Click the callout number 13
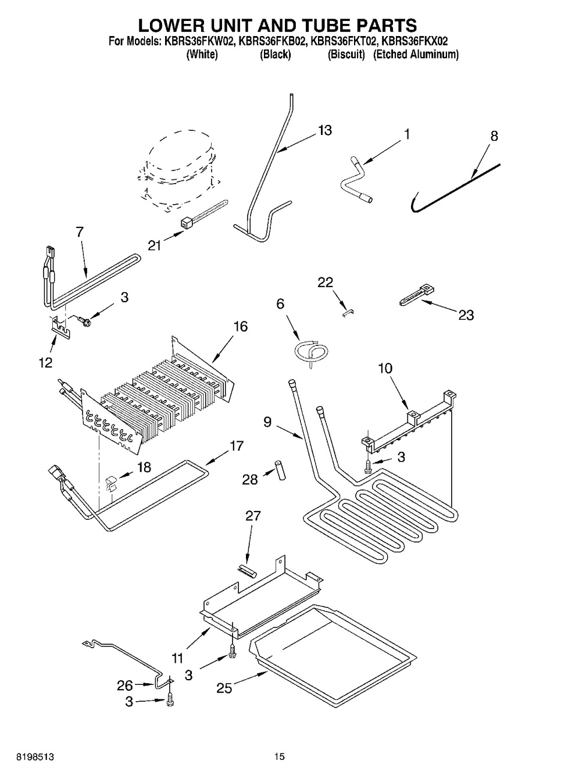pos(325,130)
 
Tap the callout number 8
pos(494,136)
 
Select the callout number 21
pos(154,246)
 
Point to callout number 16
pos(240,327)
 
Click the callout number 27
pos(253,516)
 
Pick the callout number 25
pos(224,688)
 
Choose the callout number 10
pos(385,368)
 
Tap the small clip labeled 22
pos(347,312)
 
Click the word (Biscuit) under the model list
pos(346,55)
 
